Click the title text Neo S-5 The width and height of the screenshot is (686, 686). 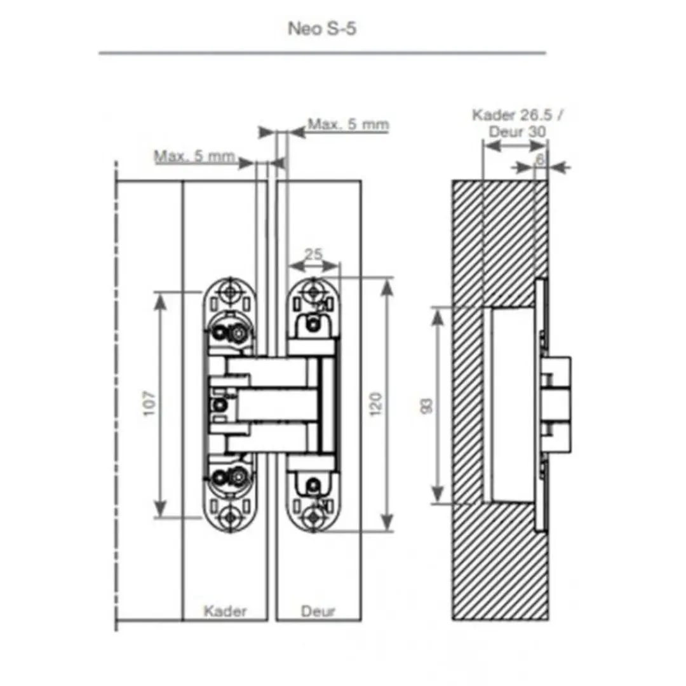[x=322, y=29]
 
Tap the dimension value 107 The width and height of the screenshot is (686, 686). [x=150, y=403]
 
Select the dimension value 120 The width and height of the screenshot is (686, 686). [x=376, y=404]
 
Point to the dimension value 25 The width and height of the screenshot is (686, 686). [x=313, y=253]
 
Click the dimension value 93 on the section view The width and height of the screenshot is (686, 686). [x=426, y=405]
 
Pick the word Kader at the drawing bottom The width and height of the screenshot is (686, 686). [x=225, y=611]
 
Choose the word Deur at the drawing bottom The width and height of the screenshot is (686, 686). [x=318, y=611]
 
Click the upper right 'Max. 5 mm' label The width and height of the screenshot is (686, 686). [x=348, y=124]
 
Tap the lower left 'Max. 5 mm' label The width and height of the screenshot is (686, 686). [x=194, y=156]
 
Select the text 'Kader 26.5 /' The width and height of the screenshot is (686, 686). [x=518, y=115]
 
